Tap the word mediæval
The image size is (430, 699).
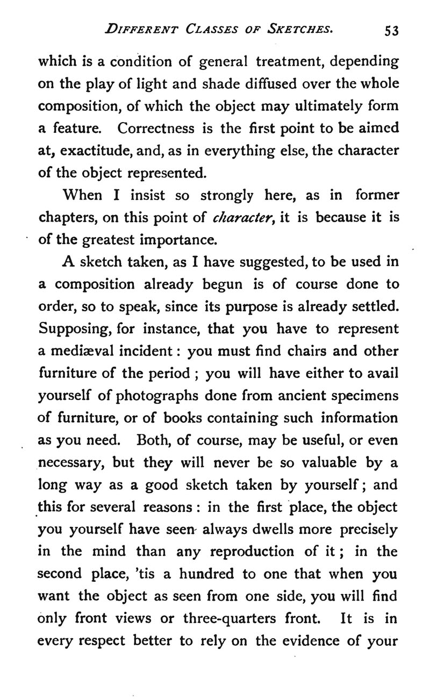coord(82,351)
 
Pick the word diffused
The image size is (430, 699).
coord(257,84)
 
